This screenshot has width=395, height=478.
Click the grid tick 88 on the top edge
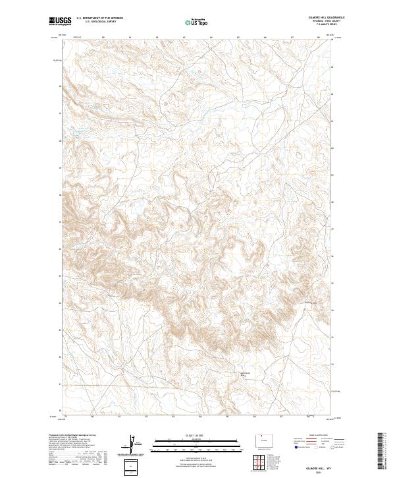319,38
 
